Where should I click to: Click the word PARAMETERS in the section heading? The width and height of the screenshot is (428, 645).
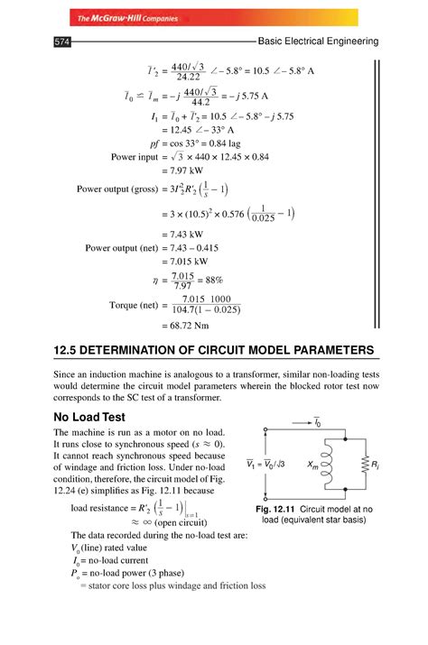[x=320, y=349]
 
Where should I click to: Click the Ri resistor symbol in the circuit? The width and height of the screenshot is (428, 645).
[x=362, y=465]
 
